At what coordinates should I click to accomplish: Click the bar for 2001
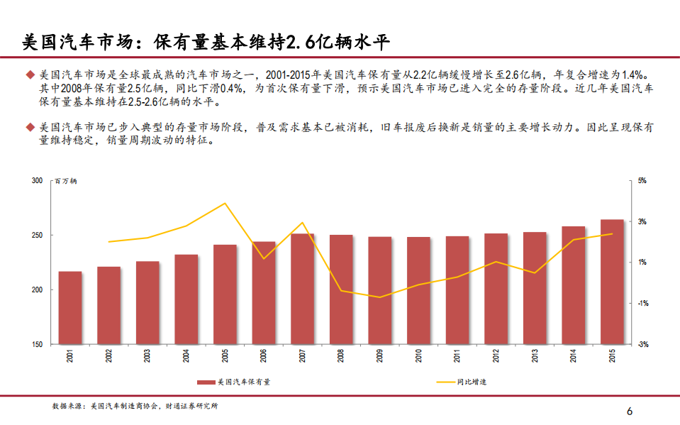(x=70, y=307)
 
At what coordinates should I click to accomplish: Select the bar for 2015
(x=612, y=282)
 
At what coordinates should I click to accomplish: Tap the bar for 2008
(x=341, y=289)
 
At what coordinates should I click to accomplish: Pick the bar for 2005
(x=225, y=294)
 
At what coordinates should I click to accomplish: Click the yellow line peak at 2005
(x=225, y=204)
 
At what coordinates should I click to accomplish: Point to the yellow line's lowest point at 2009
(x=380, y=297)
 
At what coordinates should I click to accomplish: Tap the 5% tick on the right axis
(x=642, y=181)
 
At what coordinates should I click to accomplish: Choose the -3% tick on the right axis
(x=642, y=345)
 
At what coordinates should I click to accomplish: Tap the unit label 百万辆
(x=66, y=182)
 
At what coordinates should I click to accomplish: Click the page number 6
(x=628, y=412)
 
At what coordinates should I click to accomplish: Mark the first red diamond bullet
(x=30, y=74)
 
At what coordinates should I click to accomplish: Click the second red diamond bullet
(x=30, y=127)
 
